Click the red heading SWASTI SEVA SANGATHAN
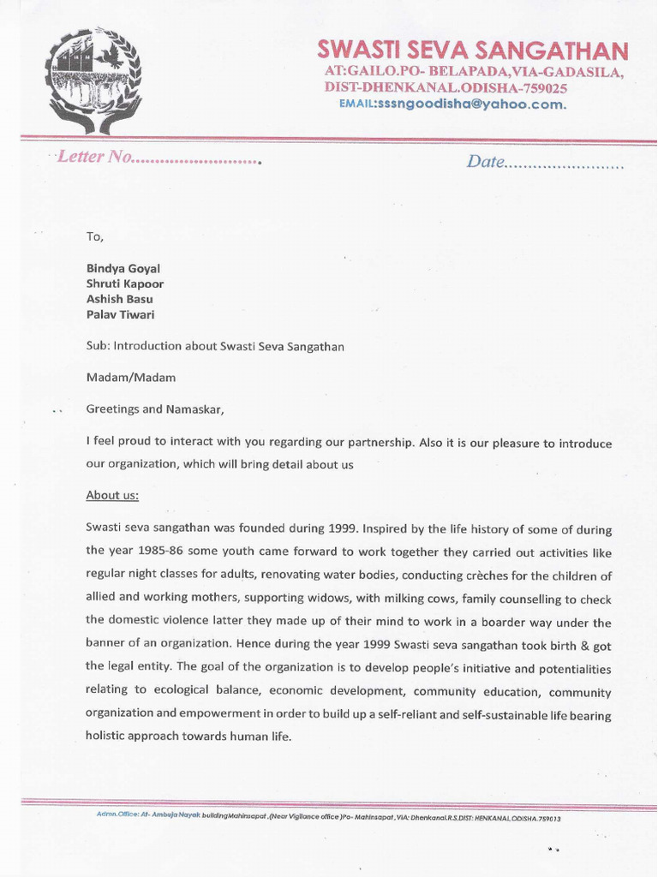coord(472,49)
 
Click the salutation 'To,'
coord(94,236)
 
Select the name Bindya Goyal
coord(123,268)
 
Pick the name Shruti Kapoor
coord(124,283)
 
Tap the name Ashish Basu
coord(119,299)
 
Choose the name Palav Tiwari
coord(121,314)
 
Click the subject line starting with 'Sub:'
coord(215,346)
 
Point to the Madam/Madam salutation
coord(130,378)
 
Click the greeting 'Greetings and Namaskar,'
coord(155,409)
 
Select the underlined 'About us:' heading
coord(112,495)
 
